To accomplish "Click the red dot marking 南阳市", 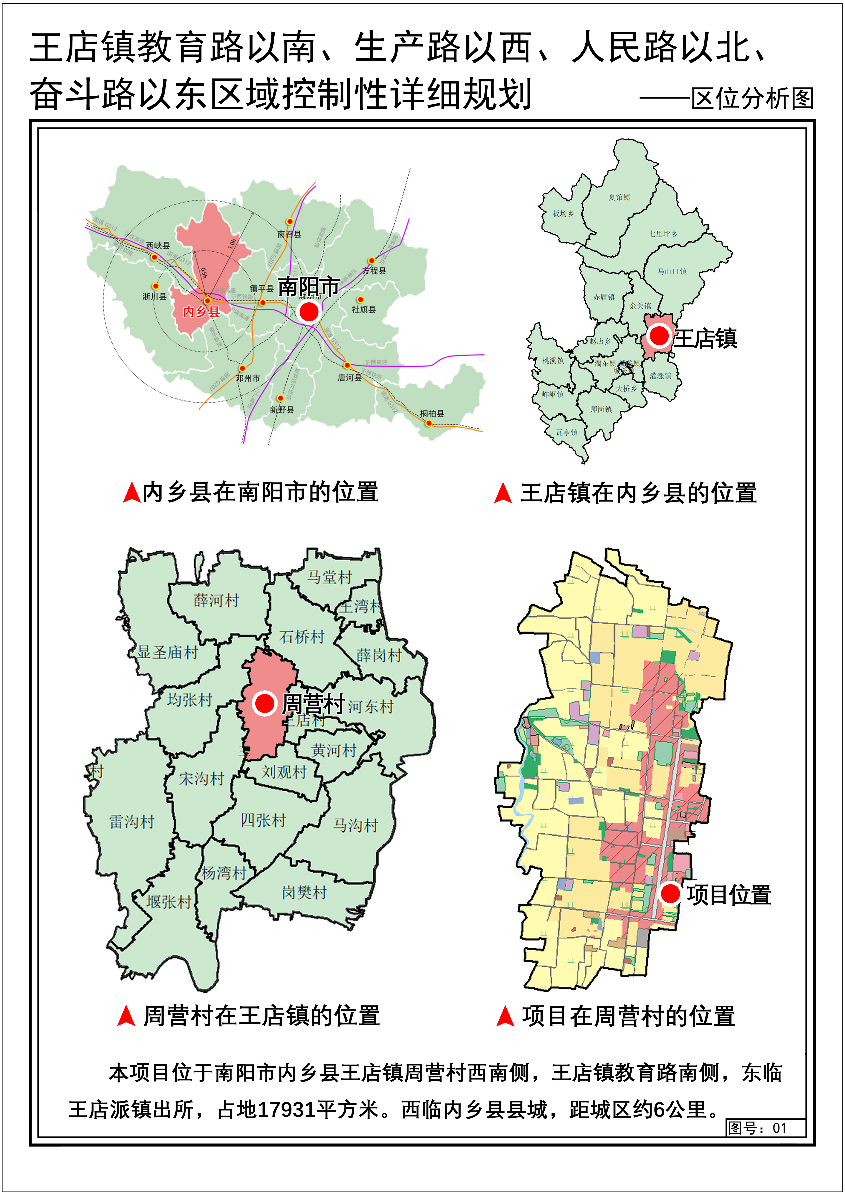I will (309, 312).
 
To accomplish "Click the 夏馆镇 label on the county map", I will (619, 197).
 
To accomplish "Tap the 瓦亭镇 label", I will (567, 433).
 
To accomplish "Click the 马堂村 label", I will (329, 577).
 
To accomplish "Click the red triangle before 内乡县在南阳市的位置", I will (132, 492).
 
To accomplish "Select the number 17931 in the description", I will (286, 1110).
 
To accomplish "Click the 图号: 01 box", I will (766, 1128).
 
